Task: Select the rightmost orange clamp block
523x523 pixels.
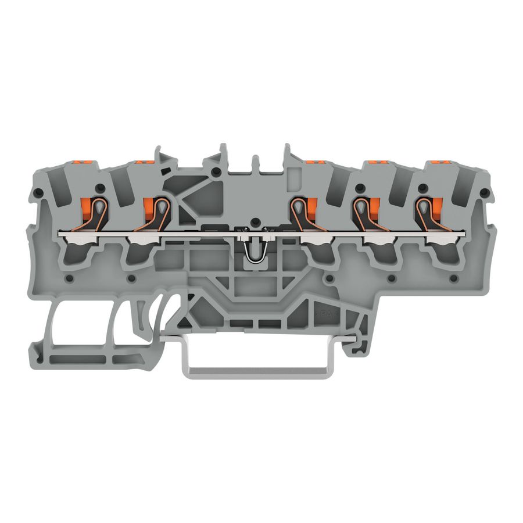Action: pyautogui.click(x=434, y=209)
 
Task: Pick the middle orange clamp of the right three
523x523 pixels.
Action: pyautogui.click(x=371, y=209)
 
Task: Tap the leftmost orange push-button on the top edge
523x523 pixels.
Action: pyautogui.click(x=82, y=160)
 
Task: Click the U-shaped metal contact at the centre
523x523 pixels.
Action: pyautogui.click(x=254, y=253)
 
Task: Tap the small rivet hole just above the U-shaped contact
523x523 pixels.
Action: pyautogui.click(x=254, y=223)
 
